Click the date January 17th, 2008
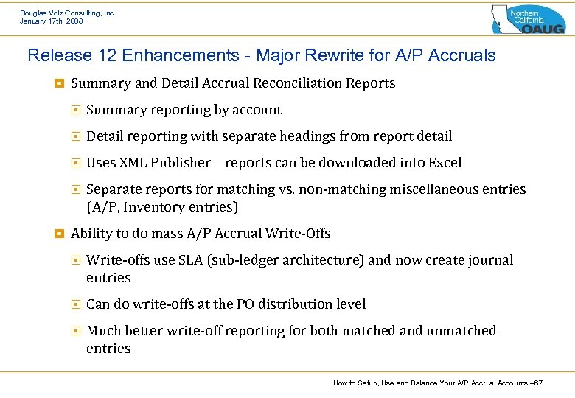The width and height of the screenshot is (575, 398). point(52,21)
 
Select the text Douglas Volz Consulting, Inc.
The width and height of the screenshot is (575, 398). point(68,13)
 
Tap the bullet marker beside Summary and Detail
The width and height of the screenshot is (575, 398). point(59,83)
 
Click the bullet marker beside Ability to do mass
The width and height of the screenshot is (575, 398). point(59,234)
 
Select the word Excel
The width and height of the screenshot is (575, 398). point(444,163)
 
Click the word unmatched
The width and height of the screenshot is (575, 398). point(461,331)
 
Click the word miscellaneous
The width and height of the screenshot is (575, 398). point(430,189)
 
